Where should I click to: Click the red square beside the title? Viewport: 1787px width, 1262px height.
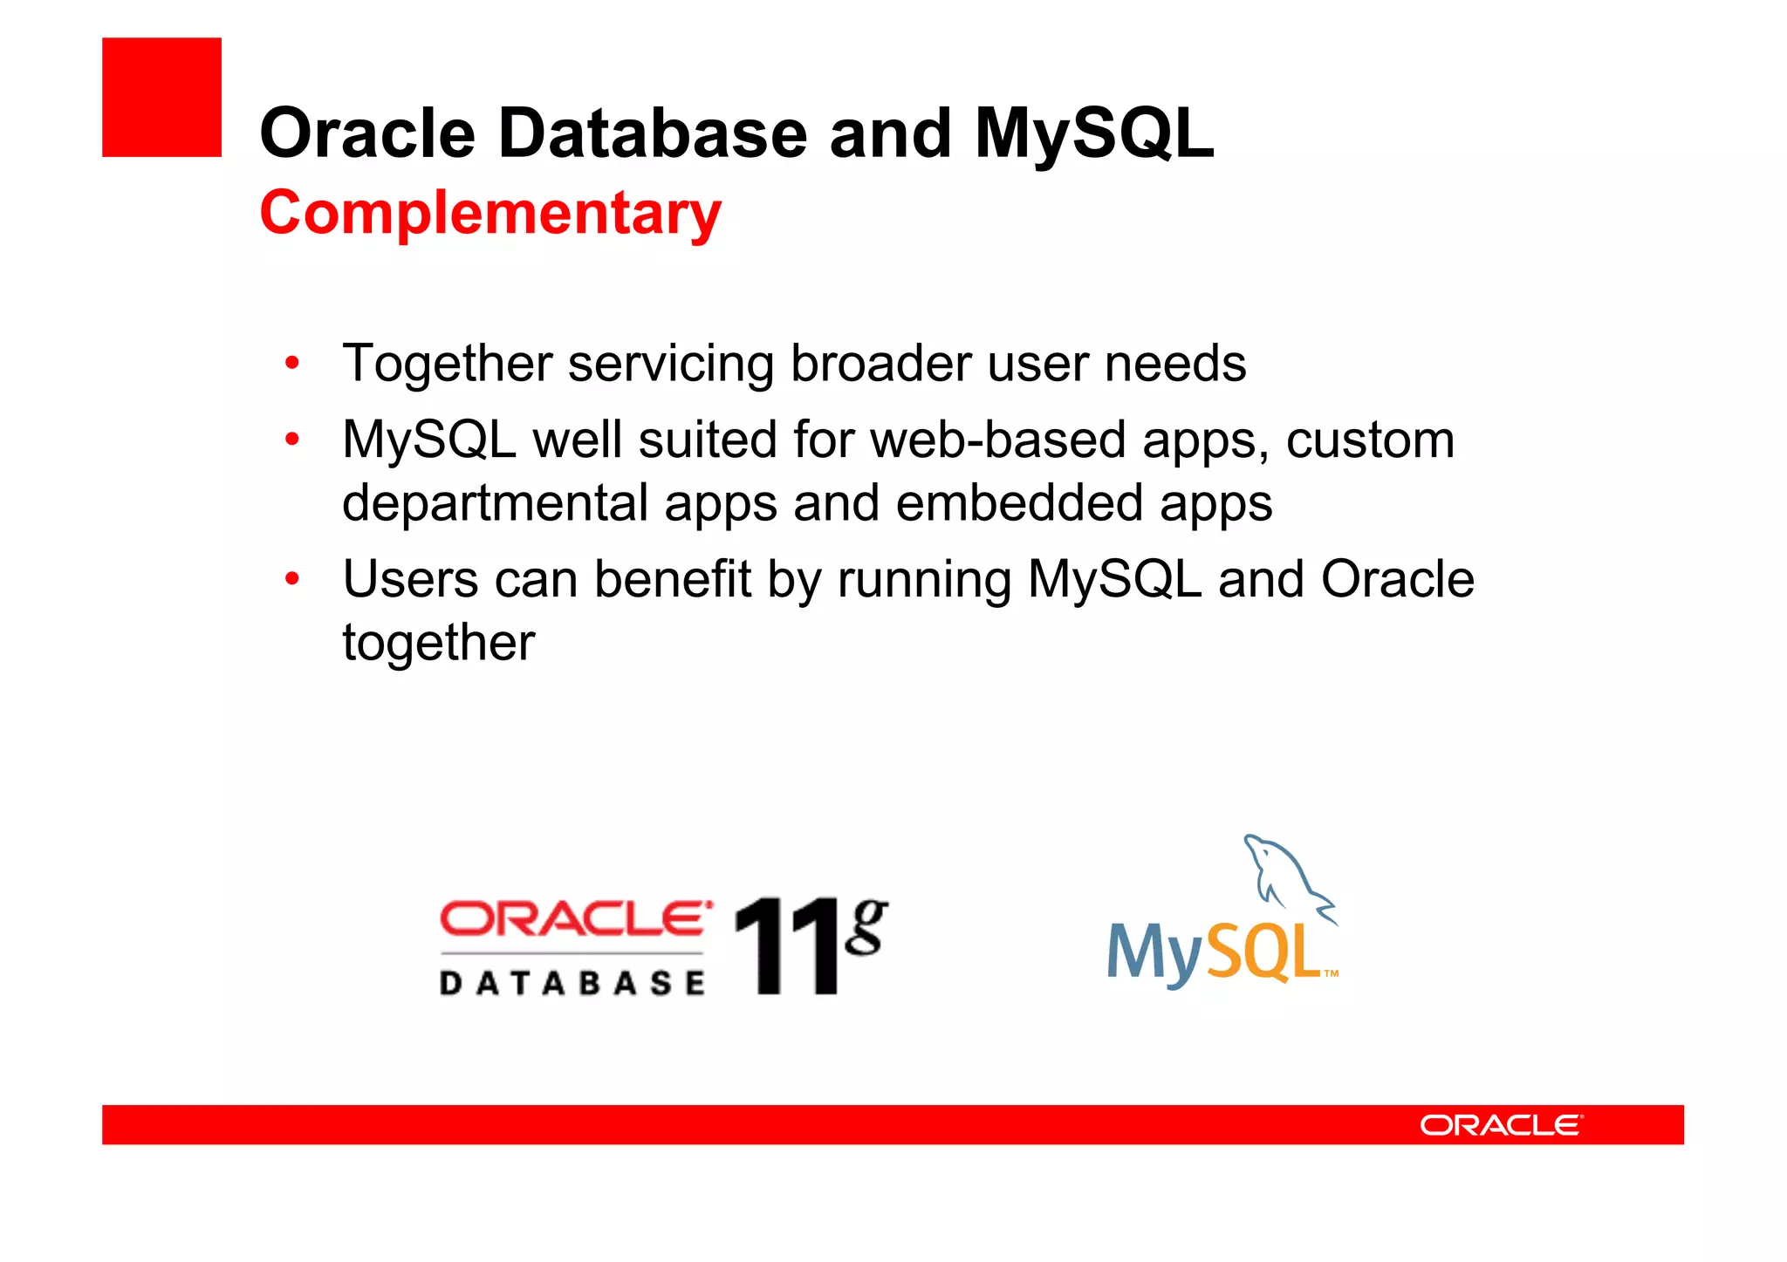(x=161, y=97)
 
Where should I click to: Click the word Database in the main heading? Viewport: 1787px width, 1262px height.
(x=652, y=133)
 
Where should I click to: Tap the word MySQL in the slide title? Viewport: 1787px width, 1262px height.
(x=1093, y=133)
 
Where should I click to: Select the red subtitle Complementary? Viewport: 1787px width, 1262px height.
(x=490, y=213)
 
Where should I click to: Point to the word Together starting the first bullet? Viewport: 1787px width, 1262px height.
(x=448, y=363)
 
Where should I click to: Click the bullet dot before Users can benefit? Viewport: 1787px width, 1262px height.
(x=292, y=578)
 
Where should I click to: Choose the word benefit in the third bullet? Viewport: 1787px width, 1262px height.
(x=672, y=579)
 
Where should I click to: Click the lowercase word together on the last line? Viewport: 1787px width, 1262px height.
(x=438, y=644)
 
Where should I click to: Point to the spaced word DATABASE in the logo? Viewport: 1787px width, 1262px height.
(x=572, y=984)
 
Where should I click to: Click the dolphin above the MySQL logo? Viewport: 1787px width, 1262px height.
(x=1287, y=877)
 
